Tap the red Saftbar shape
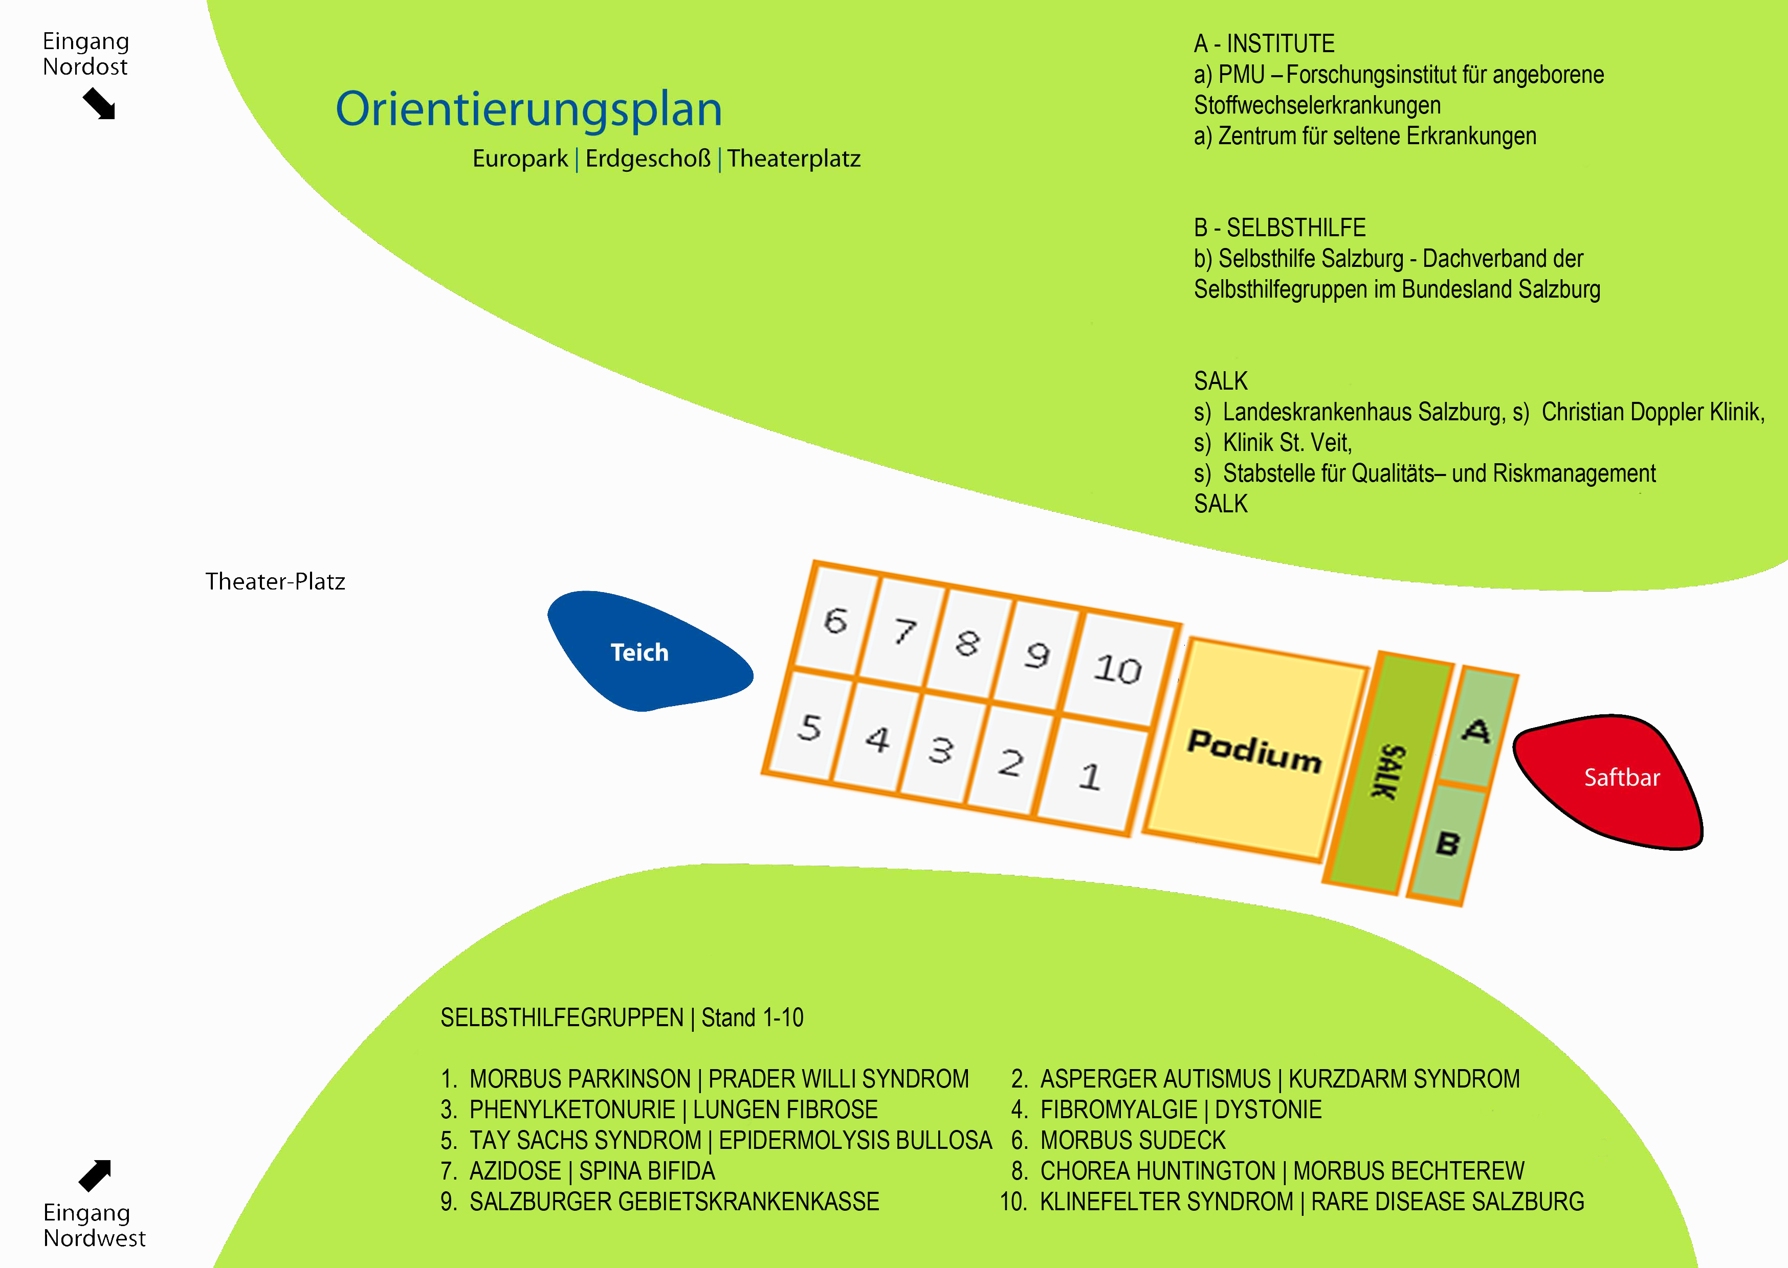pyautogui.click(x=1613, y=781)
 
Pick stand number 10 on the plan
pyautogui.click(x=1118, y=670)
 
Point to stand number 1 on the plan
pyautogui.click(x=1091, y=776)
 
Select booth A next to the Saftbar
pyautogui.click(x=1477, y=729)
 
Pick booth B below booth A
pyautogui.click(x=1447, y=843)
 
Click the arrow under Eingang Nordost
pyautogui.click(x=100, y=104)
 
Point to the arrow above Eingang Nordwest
pyautogui.click(x=95, y=1175)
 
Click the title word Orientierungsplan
pyautogui.click(x=529, y=109)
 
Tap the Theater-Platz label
pyautogui.click(x=275, y=582)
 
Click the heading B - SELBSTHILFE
pyautogui.click(x=1279, y=228)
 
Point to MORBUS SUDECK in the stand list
pyautogui.click(x=1133, y=1141)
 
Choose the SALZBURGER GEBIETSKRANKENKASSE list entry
pyautogui.click(x=674, y=1202)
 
